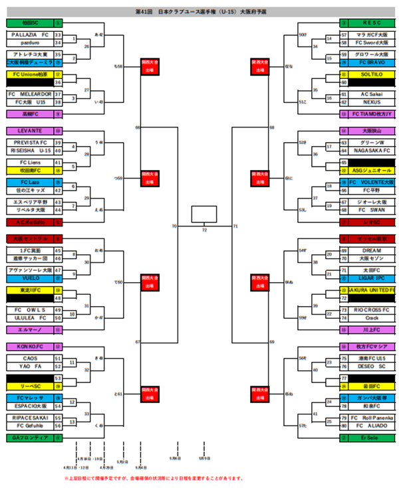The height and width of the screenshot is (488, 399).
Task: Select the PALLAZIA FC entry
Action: (x=30, y=35)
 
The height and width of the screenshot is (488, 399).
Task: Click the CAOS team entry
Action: (x=30, y=358)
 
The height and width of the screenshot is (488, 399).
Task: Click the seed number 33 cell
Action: (x=58, y=35)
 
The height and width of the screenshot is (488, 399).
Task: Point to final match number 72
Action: (x=204, y=230)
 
